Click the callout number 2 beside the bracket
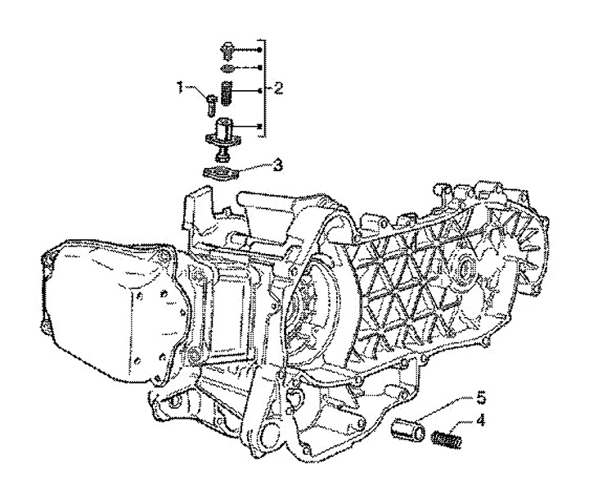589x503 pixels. coord(278,87)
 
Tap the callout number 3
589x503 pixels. coord(278,165)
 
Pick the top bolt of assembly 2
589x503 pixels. coord(228,49)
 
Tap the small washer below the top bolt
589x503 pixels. coord(228,67)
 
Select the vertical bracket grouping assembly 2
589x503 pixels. coord(263,82)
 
